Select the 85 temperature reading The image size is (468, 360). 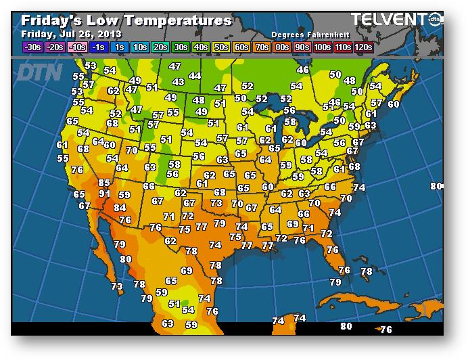tap(103, 183)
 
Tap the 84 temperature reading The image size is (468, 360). tap(120, 208)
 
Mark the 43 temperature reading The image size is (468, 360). tap(179, 82)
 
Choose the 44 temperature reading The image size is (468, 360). tap(195, 76)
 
